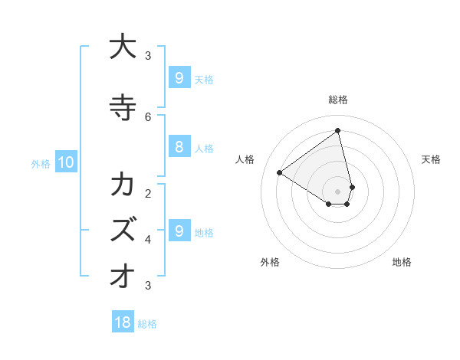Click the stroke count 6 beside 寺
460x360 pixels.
[148, 116]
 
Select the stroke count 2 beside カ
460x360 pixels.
[148, 193]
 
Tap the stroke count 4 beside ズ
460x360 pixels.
[148, 239]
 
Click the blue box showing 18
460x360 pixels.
[123, 322]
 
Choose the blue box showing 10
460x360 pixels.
[65, 162]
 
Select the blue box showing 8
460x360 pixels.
[179, 147]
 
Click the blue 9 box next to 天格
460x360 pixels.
[179, 78]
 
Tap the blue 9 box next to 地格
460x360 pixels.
[179, 231]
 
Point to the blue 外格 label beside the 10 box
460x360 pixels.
[40, 163]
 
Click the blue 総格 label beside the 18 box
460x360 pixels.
[147, 324]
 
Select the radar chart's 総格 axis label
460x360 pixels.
[338, 100]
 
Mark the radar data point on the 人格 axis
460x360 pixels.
[280, 172]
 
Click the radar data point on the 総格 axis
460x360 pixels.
[338, 130]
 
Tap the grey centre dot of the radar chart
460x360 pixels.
[338, 191]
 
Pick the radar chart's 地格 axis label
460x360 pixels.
[402, 262]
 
